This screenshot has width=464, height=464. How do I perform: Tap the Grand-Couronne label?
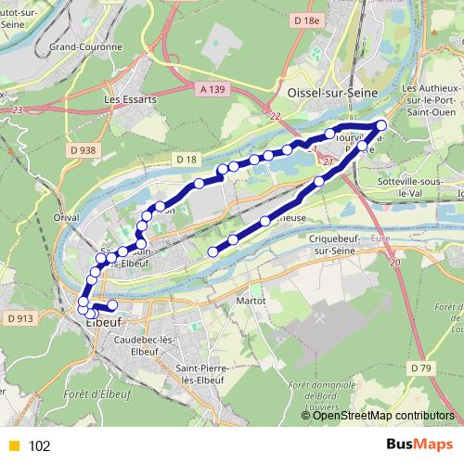85,45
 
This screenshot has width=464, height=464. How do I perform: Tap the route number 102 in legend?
39,445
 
